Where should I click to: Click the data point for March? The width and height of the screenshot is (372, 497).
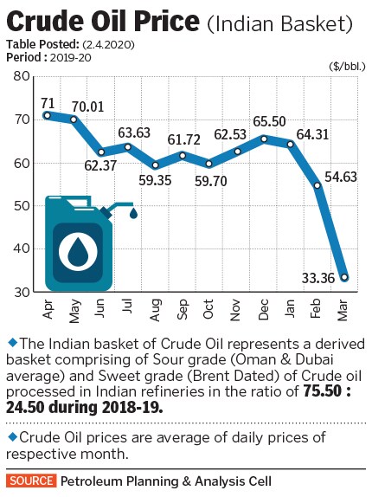pyautogui.click(x=344, y=278)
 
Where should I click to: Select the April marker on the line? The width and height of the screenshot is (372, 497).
pyautogui.click(x=47, y=115)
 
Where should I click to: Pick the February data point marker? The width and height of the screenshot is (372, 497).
pyautogui.click(x=317, y=185)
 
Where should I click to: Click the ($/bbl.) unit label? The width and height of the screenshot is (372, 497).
pyautogui.click(x=345, y=66)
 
